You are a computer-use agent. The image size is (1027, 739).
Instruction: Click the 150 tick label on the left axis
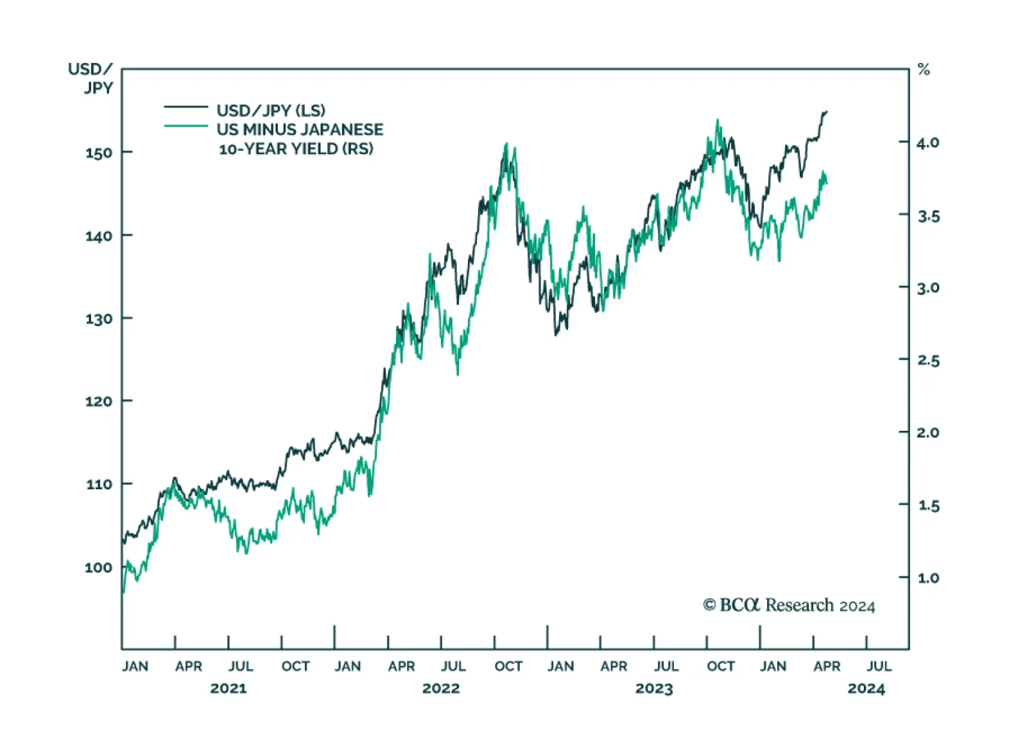(x=98, y=153)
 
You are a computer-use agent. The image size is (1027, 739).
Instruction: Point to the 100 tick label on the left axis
(x=98, y=568)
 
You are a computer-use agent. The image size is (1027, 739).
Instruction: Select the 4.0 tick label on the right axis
(x=928, y=143)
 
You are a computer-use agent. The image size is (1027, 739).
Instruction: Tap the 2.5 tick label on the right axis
(x=928, y=360)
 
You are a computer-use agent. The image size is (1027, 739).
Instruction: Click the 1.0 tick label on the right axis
(x=928, y=578)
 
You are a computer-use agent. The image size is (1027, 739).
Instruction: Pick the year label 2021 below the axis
(x=229, y=689)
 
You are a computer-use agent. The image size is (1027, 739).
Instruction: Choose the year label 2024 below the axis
(x=866, y=689)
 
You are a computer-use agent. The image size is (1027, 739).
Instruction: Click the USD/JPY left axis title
(x=91, y=78)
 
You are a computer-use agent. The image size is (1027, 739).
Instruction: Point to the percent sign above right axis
(x=924, y=69)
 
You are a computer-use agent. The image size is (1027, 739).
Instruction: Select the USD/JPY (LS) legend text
(x=271, y=110)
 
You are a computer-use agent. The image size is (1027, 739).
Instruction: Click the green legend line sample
(x=186, y=126)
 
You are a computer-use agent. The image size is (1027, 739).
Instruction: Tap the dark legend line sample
(x=186, y=107)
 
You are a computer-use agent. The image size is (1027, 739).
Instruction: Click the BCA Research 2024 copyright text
(x=789, y=605)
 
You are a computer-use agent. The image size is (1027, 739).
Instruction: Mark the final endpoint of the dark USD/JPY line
(x=827, y=112)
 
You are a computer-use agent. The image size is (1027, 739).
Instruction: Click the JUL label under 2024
(x=879, y=666)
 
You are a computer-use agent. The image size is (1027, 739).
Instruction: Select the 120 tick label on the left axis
(x=98, y=401)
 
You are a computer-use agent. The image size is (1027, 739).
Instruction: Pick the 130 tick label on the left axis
(x=98, y=318)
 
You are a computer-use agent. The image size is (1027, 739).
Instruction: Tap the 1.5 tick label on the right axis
(x=928, y=505)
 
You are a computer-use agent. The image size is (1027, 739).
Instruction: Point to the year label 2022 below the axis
(x=441, y=689)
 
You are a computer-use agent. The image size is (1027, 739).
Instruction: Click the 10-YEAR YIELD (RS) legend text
(x=296, y=149)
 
